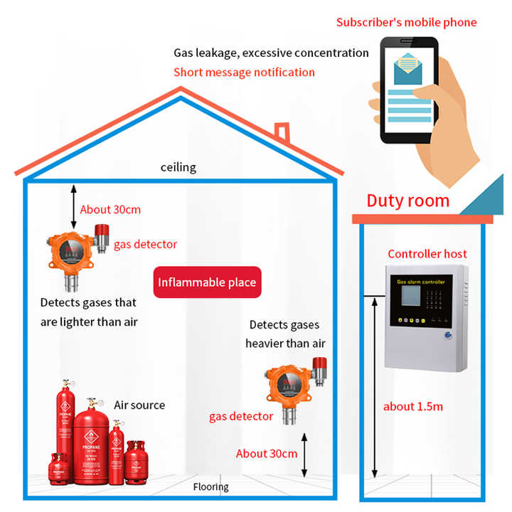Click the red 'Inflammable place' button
click(207, 282)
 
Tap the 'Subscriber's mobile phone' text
click(406, 22)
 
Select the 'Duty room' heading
click(407, 201)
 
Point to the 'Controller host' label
click(427, 253)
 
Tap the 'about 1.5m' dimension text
click(413, 406)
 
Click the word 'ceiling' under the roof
click(178, 168)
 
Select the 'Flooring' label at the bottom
click(211, 487)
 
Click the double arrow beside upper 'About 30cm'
click(72, 205)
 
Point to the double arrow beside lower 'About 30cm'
click(304, 456)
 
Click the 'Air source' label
click(139, 405)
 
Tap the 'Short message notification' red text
click(244, 72)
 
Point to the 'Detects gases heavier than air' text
click(285, 334)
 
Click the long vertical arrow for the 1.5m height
click(375, 388)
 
